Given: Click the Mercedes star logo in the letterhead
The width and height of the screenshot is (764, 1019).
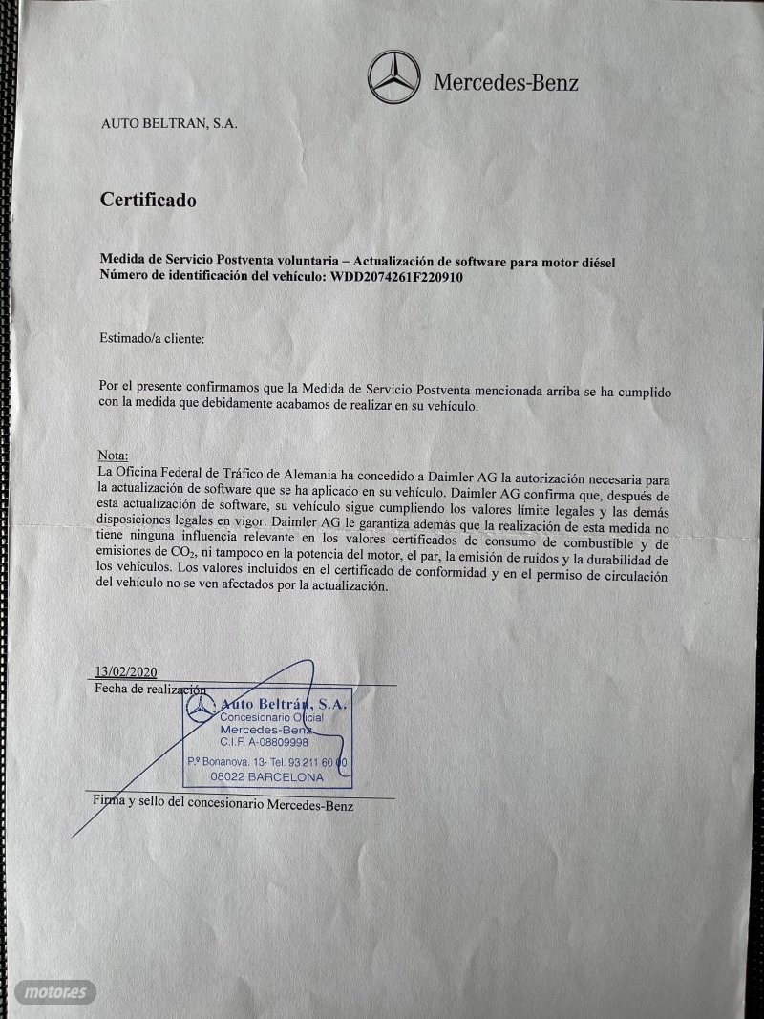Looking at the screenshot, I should coord(393,77).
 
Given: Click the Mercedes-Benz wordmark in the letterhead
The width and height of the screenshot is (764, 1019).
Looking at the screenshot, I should coord(505,82).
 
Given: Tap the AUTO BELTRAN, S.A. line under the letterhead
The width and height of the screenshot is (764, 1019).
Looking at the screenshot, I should coord(169,123).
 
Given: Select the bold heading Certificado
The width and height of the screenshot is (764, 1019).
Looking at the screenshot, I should coord(148,201).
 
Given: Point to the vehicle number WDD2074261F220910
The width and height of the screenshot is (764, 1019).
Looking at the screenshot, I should coord(397,277).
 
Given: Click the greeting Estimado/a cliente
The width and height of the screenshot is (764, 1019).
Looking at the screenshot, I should coord(151,338).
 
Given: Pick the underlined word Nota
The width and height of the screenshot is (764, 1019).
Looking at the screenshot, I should coord(113,456).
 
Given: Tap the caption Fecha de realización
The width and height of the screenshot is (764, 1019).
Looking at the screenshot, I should coord(150,689).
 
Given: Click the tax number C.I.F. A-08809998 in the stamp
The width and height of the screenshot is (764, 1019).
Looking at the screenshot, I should coord(264,742).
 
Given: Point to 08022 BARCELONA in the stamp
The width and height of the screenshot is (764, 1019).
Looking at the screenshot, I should coord(266,777).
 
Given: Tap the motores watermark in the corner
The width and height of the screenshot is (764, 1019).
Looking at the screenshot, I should coord(55,992).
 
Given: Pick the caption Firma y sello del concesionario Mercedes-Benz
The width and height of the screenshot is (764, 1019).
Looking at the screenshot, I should coord(223,805).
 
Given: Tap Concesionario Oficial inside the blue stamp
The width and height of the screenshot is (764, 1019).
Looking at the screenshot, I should coord(272,717).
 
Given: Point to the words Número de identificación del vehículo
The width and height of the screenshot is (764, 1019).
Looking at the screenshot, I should coord(212,277).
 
